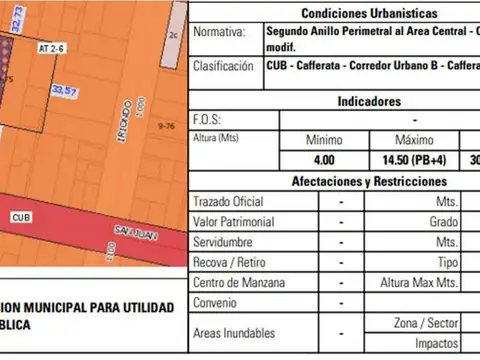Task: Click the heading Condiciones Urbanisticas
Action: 368,14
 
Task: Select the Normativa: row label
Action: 219,32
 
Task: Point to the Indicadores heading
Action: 369,101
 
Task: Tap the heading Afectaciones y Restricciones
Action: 369,181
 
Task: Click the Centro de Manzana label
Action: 236,282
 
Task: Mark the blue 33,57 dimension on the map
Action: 64,91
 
